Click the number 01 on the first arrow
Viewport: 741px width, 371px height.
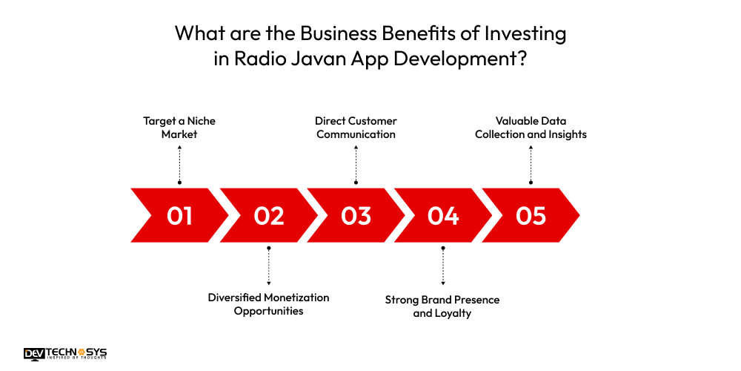point(179,216)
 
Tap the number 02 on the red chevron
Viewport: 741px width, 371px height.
point(268,216)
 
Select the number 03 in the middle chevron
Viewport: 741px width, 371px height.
point(356,216)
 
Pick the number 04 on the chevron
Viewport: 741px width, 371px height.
point(443,216)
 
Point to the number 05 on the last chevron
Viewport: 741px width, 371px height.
point(531,216)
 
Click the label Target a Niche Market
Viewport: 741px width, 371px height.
point(179,128)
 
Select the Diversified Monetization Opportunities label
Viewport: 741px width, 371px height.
point(268,304)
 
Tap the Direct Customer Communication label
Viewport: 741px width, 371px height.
point(356,128)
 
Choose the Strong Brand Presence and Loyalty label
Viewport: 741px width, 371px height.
point(442,306)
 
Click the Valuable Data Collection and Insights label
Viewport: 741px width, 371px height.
point(531,128)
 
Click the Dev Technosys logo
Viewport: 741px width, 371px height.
point(65,354)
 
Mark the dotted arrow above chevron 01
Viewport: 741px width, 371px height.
point(179,163)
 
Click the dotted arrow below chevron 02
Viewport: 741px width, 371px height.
point(268,266)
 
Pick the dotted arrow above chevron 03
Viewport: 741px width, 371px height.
point(356,163)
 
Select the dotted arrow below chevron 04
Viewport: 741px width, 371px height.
point(443,266)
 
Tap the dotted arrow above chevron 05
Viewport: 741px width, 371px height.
point(531,163)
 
